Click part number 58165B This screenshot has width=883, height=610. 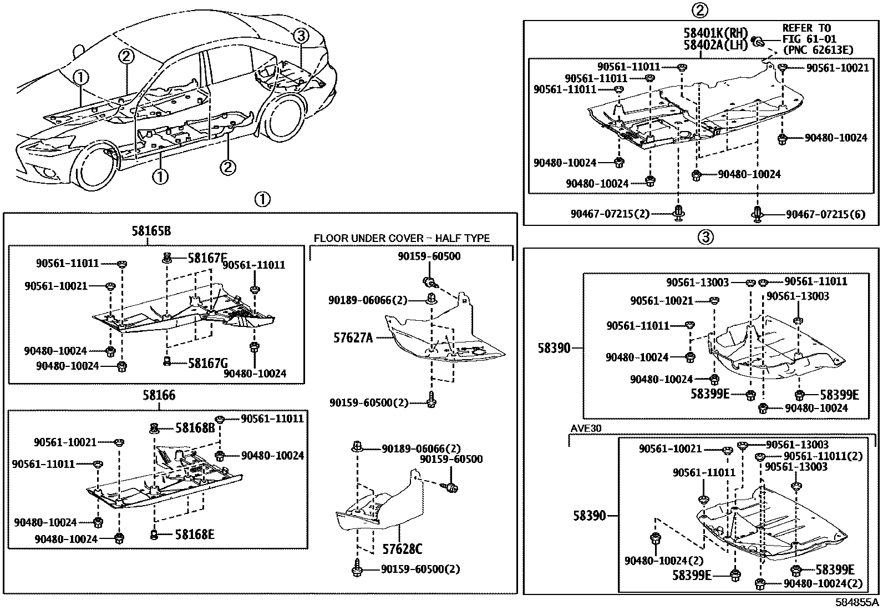[151, 231]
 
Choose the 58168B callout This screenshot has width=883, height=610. [195, 428]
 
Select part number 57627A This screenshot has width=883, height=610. [353, 337]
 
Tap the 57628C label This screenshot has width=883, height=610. [402, 549]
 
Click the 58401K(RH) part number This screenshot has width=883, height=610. [716, 33]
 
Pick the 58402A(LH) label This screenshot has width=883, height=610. [716, 45]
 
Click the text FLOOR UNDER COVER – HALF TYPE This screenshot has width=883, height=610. [402, 239]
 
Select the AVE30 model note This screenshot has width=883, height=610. [586, 429]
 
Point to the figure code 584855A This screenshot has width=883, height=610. [857, 602]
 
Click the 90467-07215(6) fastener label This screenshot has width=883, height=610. [825, 214]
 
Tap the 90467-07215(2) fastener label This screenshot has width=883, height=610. [610, 213]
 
